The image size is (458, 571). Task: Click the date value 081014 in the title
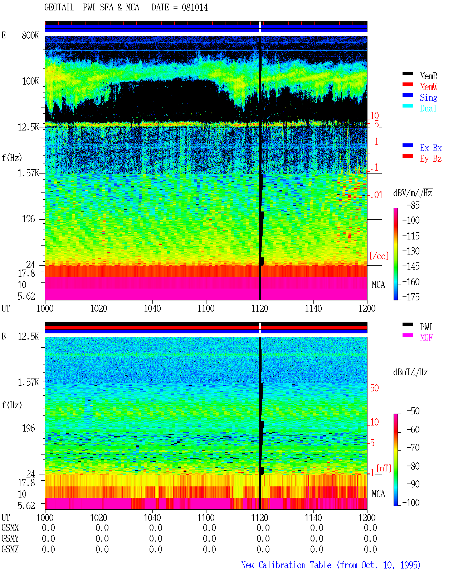(x=195, y=8)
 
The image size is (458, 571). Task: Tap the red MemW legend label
(x=429, y=87)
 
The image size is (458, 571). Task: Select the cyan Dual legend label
(x=428, y=108)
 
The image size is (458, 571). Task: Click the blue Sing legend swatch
(x=408, y=95)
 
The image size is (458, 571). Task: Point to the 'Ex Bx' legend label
(x=431, y=148)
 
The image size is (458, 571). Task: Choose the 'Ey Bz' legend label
(x=431, y=159)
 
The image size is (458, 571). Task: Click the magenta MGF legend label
(x=426, y=338)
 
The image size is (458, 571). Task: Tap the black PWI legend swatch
(x=408, y=324)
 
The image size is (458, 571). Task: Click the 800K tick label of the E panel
(x=30, y=35)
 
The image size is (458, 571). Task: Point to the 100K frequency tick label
(x=30, y=81)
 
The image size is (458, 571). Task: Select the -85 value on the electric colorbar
(x=413, y=205)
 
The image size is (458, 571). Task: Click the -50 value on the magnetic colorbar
(x=413, y=411)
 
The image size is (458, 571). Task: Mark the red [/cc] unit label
(x=379, y=256)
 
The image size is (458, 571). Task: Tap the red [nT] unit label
(x=384, y=468)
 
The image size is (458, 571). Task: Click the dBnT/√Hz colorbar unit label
(x=410, y=372)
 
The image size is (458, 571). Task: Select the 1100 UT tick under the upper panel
(x=206, y=308)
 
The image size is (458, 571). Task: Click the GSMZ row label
(x=10, y=549)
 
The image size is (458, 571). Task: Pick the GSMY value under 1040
(x=156, y=538)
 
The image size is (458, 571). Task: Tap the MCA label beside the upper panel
(x=378, y=285)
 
